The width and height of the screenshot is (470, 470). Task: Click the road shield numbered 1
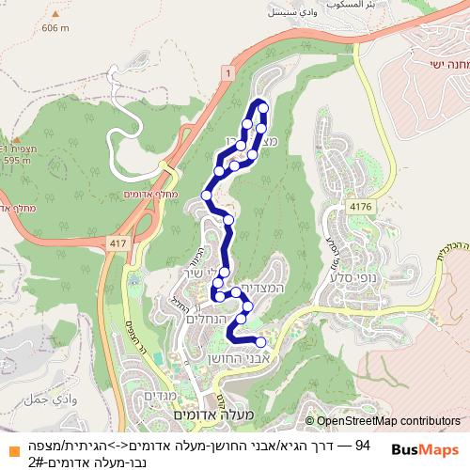point(227,73)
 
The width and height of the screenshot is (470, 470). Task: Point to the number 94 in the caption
point(364,444)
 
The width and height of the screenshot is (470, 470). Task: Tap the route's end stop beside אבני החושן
point(260,342)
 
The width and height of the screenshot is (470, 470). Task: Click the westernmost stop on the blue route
point(207,196)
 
